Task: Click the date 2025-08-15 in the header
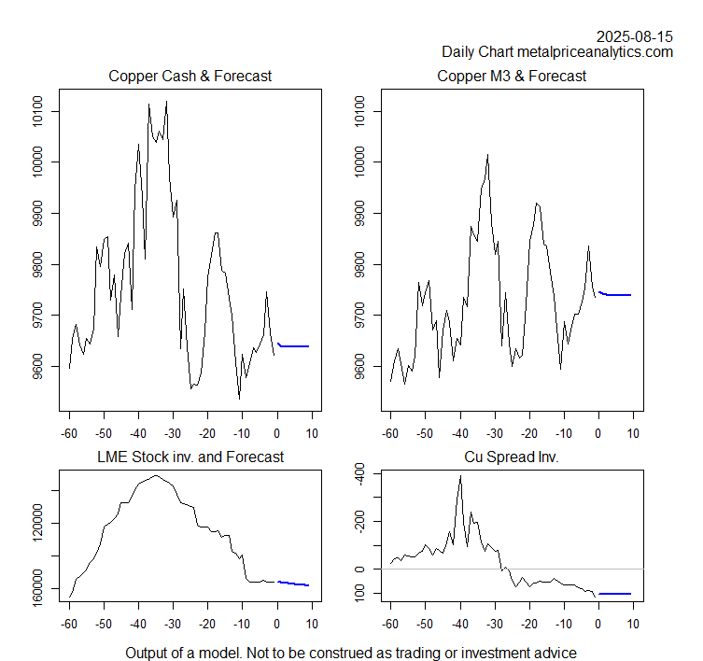(634, 36)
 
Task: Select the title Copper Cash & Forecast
(190, 76)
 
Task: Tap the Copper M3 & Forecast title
(512, 76)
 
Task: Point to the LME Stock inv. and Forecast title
(190, 457)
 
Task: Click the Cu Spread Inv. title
(512, 457)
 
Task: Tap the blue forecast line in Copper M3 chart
(616, 294)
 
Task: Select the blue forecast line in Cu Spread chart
(615, 593)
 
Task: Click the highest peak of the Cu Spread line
(460, 476)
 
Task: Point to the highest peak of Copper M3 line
(487, 155)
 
